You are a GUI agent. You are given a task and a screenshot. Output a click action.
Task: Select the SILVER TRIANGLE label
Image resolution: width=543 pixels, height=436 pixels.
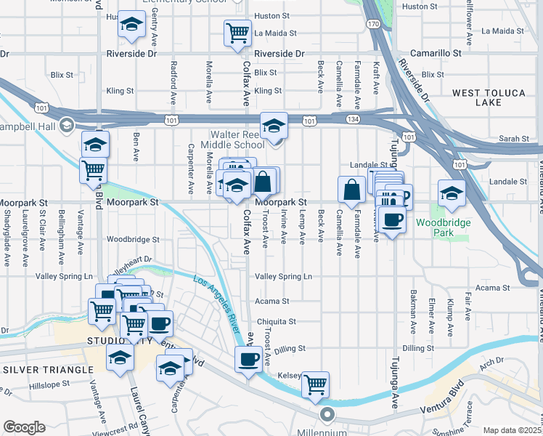click(x=49, y=369)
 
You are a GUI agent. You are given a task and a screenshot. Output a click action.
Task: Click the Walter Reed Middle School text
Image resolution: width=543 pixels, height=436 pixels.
click(x=237, y=140)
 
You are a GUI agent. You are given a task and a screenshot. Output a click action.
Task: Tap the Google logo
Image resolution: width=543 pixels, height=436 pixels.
click(x=24, y=427)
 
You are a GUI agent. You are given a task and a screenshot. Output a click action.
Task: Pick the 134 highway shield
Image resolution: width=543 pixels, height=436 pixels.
click(x=351, y=118)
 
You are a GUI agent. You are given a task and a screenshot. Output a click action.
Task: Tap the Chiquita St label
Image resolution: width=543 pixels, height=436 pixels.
click(x=277, y=321)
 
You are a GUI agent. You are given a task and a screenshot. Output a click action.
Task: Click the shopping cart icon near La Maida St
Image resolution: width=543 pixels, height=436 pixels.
click(x=237, y=33)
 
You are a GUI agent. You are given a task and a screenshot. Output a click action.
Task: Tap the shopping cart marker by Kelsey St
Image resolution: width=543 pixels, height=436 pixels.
click(x=316, y=384)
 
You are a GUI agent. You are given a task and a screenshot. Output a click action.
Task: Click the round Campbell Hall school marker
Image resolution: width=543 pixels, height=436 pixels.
click(x=67, y=125)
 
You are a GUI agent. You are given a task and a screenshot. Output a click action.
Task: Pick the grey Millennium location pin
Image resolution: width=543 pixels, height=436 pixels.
click(x=327, y=416)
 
